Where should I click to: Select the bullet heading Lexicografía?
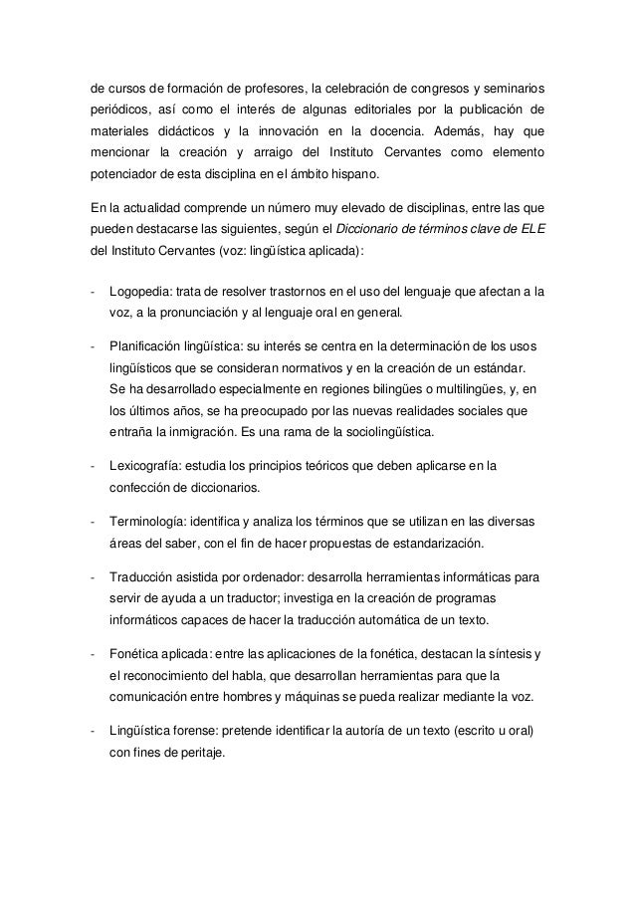(x=143, y=467)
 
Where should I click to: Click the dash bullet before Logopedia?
(x=92, y=293)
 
